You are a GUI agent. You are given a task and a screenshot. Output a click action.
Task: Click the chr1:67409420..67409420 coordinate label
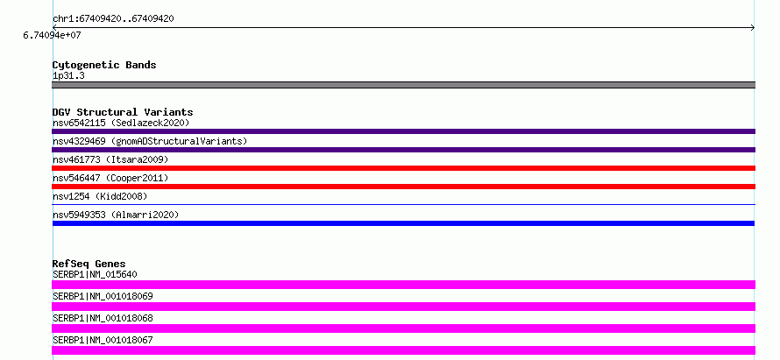(x=113, y=19)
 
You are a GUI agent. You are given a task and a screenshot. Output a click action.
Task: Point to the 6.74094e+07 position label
(x=52, y=35)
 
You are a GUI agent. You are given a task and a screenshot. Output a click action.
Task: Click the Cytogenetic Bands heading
(x=104, y=65)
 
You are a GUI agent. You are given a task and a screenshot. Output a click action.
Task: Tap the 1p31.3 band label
(x=68, y=75)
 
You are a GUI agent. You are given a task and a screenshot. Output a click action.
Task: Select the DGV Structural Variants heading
(x=123, y=112)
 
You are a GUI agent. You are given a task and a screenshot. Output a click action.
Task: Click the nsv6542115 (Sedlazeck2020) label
(x=121, y=123)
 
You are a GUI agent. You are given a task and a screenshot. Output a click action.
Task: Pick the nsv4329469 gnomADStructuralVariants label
(x=150, y=141)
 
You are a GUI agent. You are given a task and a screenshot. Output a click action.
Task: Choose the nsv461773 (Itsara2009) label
(x=110, y=159)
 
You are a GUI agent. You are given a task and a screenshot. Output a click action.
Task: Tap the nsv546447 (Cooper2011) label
(x=110, y=178)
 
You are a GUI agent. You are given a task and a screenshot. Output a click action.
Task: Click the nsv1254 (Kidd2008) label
(x=100, y=196)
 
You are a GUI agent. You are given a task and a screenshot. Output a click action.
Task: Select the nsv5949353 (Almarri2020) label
(x=116, y=215)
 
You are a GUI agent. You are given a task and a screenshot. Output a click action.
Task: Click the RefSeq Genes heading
(x=89, y=264)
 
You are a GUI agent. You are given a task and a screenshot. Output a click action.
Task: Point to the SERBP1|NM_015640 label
(x=95, y=274)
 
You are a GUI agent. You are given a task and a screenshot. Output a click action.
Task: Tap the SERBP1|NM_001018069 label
(x=103, y=296)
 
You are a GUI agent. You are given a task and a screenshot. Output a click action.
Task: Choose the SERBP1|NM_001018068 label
(x=103, y=318)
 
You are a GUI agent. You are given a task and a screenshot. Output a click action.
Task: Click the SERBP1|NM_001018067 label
(x=103, y=340)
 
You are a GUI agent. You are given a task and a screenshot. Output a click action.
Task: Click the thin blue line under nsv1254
(x=403, y=204)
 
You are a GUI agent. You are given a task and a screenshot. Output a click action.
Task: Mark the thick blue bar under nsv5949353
(x=403, y=223)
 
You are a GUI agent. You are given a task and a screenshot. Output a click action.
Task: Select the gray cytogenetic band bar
(x=403, y=85)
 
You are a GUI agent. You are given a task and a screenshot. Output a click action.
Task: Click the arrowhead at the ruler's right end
(x=753, y=28)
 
